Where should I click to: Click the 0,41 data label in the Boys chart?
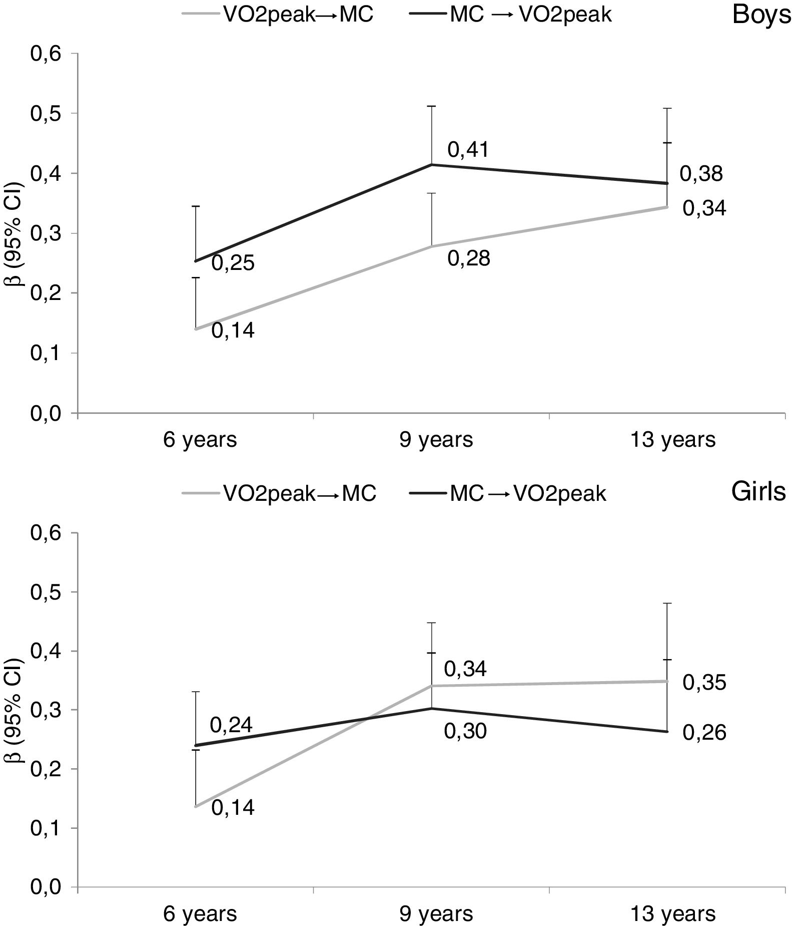pyautogui.click(x=468, y=150)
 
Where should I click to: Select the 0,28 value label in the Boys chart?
pyautogui.click(x=468, y=259)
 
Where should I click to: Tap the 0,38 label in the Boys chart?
pyautogui.click(x=701, y=174)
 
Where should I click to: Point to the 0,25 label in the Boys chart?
pyautogui.click(x=233, y=263)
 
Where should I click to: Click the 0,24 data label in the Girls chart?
pyautogui.click(x=231, y=724)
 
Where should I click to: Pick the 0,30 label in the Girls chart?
pyautogui.click(x=465, y=732)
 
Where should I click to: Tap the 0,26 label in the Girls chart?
pyautogui.click(x=704, y=733)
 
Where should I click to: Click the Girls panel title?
pyautogui.click(x=758, y=492)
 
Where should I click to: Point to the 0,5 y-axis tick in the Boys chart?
pyautogui.click(x=46, y=114)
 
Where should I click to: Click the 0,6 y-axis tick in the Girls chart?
pyautogui.click(x=46, y=533)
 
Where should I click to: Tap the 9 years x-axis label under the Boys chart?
pyautogui.click(x=436, y=440)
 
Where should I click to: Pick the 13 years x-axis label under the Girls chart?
pyautogui.click(x=673, y=914)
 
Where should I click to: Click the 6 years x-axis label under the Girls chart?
pyautogui.click(x=200, y=914)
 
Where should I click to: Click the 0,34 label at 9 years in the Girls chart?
pyautogui.click(x=465, y=669)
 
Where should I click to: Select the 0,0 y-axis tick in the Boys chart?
pyautogui.click(x=46, y=414)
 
